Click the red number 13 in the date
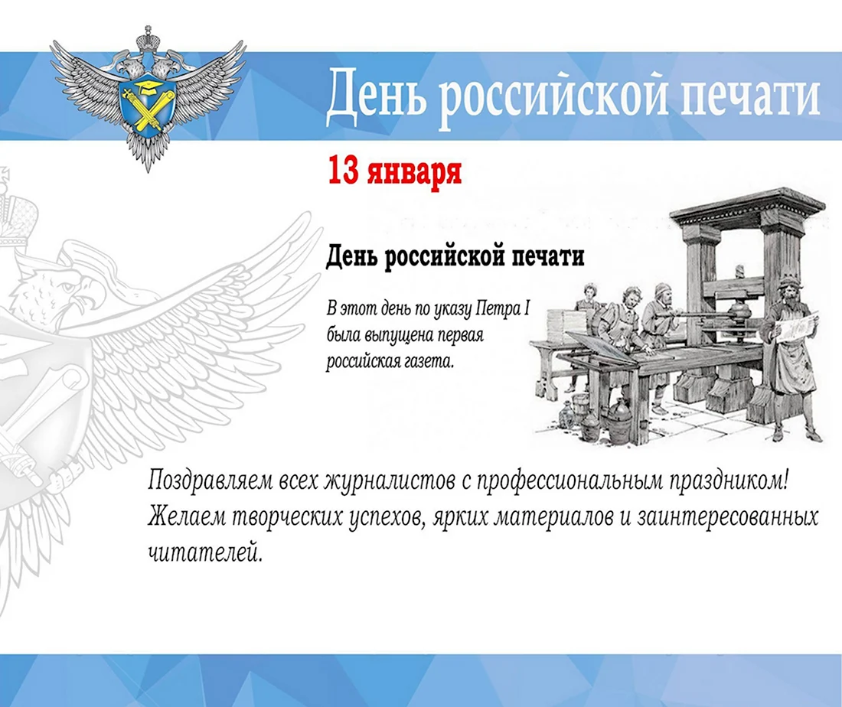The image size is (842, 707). (343, 171)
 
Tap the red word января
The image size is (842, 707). (414, 172)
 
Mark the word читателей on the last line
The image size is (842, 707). (205, 552)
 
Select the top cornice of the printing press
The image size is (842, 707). (748, 207)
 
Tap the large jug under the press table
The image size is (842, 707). (620, 422)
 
